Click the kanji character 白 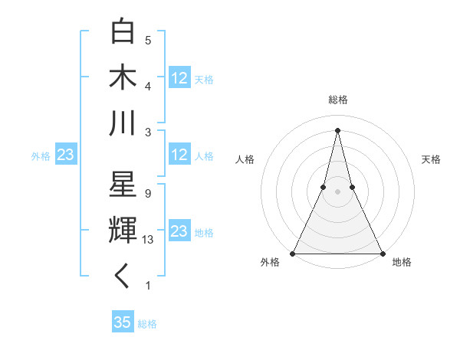click(x=123, y=31)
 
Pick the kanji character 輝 click(x=123, y=231)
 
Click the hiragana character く click(x=123, y=277)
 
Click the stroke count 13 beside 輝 click(x=149, y=240)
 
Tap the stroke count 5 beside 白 click(x=147, y=40)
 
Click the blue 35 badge click(x=123, y=322)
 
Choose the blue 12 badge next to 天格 click(x=179, y=78)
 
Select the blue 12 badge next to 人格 click(x=179, y=155)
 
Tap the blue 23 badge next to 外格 click(x=65, y=155)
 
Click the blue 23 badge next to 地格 click(x=179, y=232)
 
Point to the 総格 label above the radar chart click(x=337, y=100)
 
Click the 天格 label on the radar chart click(x=431, y=159)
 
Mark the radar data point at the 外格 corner click(x=293, y=253)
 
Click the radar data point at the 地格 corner click(x=382, y=253)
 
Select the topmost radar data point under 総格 click(x=337, y=129)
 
